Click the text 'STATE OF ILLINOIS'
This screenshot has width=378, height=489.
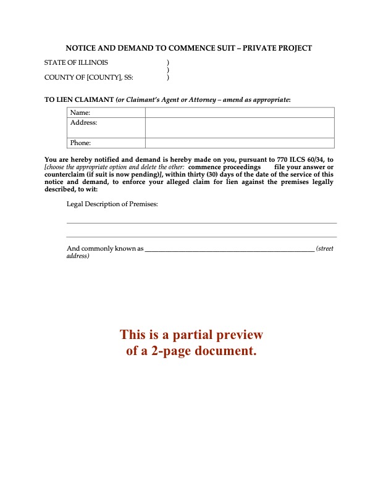(76, 63)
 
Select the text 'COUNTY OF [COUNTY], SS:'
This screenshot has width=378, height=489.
(88, 78)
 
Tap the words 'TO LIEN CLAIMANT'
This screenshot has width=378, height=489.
(78, 99)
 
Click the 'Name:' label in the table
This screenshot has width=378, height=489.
(80, 112)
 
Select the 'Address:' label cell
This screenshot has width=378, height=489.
(84, 122)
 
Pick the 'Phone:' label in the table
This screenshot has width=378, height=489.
(81, 143)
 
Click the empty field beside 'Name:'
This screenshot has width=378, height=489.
(240, 112)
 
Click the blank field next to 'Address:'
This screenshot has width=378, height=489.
(240, 127)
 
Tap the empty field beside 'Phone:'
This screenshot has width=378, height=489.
(240, 143)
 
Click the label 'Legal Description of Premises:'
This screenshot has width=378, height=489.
(112, 204)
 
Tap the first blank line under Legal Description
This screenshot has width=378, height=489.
(201, 222)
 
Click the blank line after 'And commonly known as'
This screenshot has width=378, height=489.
(229, 250)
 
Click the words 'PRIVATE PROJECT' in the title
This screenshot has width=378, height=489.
(282, 48)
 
